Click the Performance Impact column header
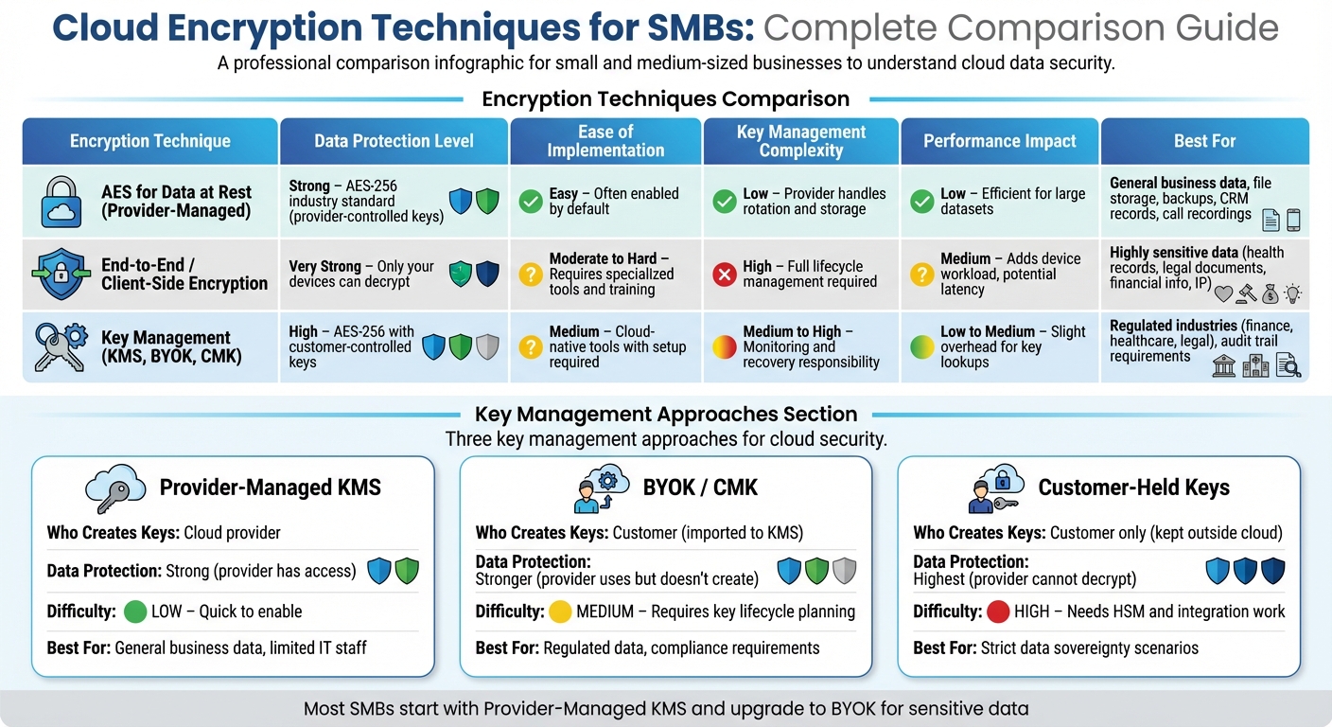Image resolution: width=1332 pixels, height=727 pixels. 999,141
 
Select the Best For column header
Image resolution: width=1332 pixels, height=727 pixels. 1204,141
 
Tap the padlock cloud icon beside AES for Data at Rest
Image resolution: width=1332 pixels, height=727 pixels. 61,202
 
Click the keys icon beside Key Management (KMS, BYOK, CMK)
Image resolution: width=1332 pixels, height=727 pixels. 60,346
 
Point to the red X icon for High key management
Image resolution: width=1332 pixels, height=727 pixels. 724,275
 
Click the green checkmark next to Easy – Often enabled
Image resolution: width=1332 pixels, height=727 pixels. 531,201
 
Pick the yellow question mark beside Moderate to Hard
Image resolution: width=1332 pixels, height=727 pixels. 531,275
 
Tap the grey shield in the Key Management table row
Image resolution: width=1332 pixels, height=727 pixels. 486,347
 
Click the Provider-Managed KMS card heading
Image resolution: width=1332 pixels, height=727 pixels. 270,488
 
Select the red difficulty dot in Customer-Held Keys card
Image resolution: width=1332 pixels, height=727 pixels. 997,612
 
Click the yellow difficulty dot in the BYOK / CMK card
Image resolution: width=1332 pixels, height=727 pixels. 560,612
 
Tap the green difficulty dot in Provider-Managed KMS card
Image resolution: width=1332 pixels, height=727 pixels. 135,612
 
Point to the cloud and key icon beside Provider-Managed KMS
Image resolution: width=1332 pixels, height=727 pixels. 114,488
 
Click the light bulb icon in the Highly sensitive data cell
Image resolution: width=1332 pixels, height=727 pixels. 1292,294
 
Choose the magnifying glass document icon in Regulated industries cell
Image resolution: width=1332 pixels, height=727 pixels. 1288,365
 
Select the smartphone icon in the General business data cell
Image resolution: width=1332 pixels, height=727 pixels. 1293,221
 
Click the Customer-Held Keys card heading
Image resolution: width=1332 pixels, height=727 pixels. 1133,488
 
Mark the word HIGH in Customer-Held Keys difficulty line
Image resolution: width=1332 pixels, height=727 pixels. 1031,612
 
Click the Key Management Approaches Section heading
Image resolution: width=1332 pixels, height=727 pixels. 666,414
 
